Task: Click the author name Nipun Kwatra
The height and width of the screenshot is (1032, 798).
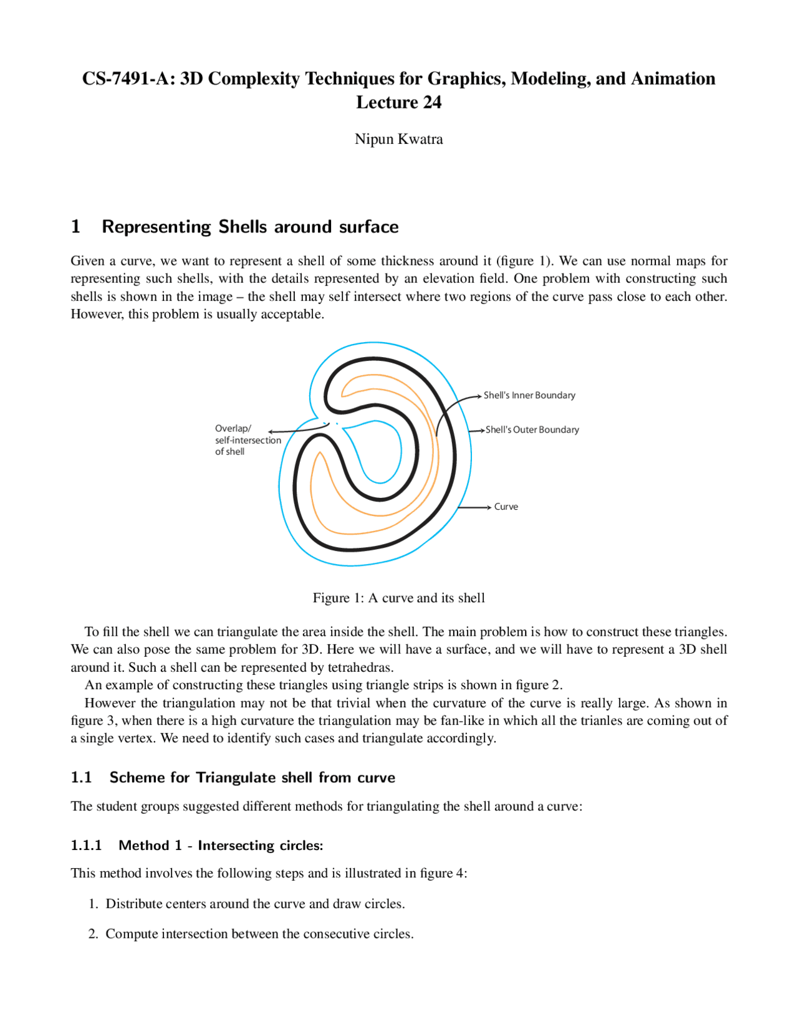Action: pos(398,139)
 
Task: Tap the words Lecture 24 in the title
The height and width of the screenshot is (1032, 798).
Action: pos(398,103)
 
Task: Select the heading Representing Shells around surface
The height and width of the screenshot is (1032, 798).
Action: pos(250,227)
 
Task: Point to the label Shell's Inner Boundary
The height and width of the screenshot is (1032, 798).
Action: pos(529,396)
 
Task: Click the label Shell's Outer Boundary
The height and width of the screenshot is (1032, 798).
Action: pos(532,430)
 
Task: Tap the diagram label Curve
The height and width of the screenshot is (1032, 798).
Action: pos(506,507)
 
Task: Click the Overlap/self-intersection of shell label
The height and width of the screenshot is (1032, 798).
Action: pos(248,440)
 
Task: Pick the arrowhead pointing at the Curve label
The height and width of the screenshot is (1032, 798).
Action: pos(489,507)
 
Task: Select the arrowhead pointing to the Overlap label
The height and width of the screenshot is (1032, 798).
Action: pos(271,431)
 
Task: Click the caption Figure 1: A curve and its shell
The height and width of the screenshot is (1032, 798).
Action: pos(398,598)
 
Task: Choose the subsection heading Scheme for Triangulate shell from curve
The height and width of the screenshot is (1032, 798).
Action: pos(252,778)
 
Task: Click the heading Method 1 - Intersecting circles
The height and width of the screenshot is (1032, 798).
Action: pos(221,846)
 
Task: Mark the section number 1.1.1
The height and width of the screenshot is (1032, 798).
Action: pos(86,846)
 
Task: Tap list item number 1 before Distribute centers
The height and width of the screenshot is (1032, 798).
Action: pos(93,904)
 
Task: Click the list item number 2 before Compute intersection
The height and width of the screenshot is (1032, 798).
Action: pos(93,934)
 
